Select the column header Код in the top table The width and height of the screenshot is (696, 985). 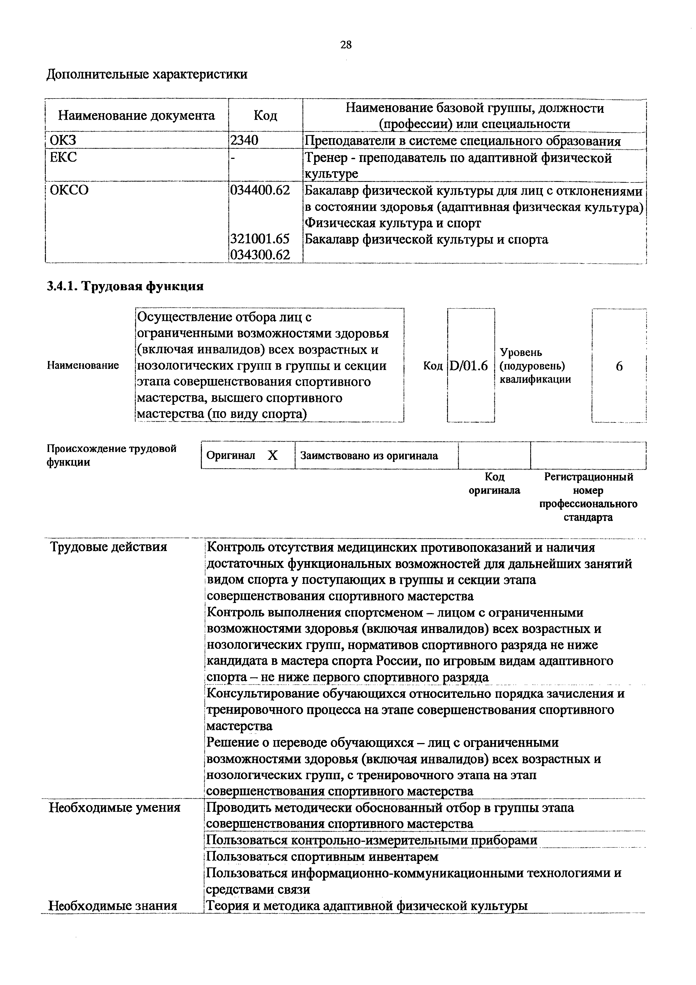265,115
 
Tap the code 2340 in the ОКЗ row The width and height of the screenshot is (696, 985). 244,141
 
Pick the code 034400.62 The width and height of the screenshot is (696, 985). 260,190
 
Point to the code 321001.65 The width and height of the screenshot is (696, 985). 260,239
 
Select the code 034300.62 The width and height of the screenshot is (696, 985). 260,255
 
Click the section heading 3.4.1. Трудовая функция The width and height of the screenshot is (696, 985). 125,286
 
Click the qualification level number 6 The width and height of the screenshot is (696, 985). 619,366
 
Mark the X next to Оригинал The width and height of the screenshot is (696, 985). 272,456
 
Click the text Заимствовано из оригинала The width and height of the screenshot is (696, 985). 369,456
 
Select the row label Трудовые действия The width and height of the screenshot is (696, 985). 109,547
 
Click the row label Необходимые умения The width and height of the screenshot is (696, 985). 114,808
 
